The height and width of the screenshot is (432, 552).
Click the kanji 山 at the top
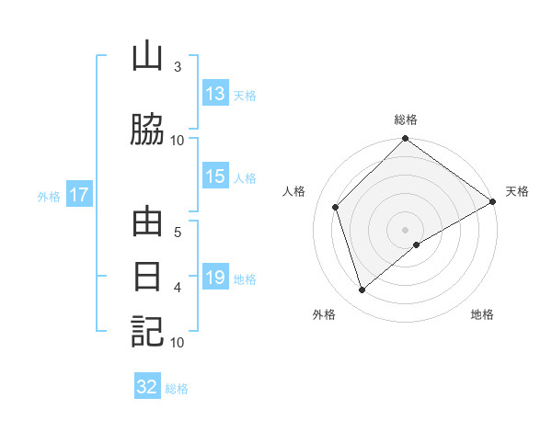coord(147,57)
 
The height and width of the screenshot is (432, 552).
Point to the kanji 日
coord(147,277)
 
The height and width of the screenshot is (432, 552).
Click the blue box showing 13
coord(215,94)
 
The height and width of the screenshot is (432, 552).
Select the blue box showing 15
coord(215,177)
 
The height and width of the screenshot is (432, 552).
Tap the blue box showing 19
coord(215,278)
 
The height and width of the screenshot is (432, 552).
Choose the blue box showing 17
coord(78,195)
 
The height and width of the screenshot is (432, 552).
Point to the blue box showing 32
coord(147,387)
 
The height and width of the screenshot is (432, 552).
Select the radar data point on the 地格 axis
coord(417,244)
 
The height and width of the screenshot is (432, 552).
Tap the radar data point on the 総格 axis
coord(405,140)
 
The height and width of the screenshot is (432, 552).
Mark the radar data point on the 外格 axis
coord(362,290)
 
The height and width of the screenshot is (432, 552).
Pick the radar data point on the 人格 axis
coord(336,207)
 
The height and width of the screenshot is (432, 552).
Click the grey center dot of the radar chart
coord(405,229)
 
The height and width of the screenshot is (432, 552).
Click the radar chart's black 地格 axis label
coord(482,315)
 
